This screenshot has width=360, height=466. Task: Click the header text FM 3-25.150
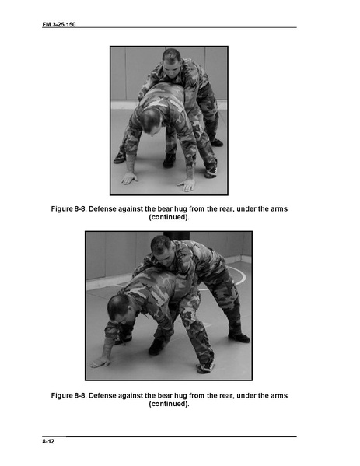(59, 24)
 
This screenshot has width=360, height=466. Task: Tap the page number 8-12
(48, 441)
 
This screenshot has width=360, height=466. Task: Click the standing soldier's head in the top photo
(172, 60)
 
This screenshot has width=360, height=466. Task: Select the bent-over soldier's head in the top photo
(152, 121)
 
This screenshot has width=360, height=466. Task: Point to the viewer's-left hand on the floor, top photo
(129, 179)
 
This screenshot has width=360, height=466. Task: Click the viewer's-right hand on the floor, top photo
(187, 185)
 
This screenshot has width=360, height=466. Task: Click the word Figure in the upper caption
(61, 209)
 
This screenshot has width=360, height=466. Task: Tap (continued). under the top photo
(169, 217)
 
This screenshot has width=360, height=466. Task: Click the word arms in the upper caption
(279, 209)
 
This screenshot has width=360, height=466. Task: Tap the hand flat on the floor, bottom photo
(100, 362)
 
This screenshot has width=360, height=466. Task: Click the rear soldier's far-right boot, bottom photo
(239, 338)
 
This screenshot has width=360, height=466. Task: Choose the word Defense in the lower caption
(103, 395)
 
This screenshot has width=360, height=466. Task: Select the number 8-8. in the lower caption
(80, 395)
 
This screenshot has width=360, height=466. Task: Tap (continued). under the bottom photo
(169, 404)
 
